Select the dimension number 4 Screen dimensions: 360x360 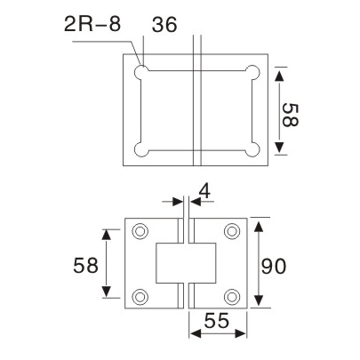pyautogui.click(x=204, y=192)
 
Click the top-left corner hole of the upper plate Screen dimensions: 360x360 pyautogui.click(x=141, y=73)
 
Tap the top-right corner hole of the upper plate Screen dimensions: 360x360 pyautogui.click(x=253, y=73)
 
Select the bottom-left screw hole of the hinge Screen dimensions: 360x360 pyautogui.click(x=140, y=296)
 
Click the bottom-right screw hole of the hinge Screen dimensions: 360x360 pyautogui.click(x=232, y=296)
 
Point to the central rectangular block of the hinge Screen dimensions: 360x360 pyautogui.click(x=186, y=263)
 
